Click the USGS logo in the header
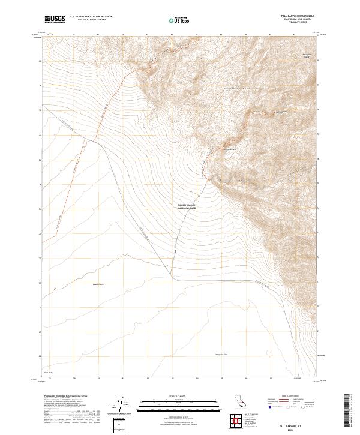56,19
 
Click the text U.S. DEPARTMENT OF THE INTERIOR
91,17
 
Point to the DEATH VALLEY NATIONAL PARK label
187,206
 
